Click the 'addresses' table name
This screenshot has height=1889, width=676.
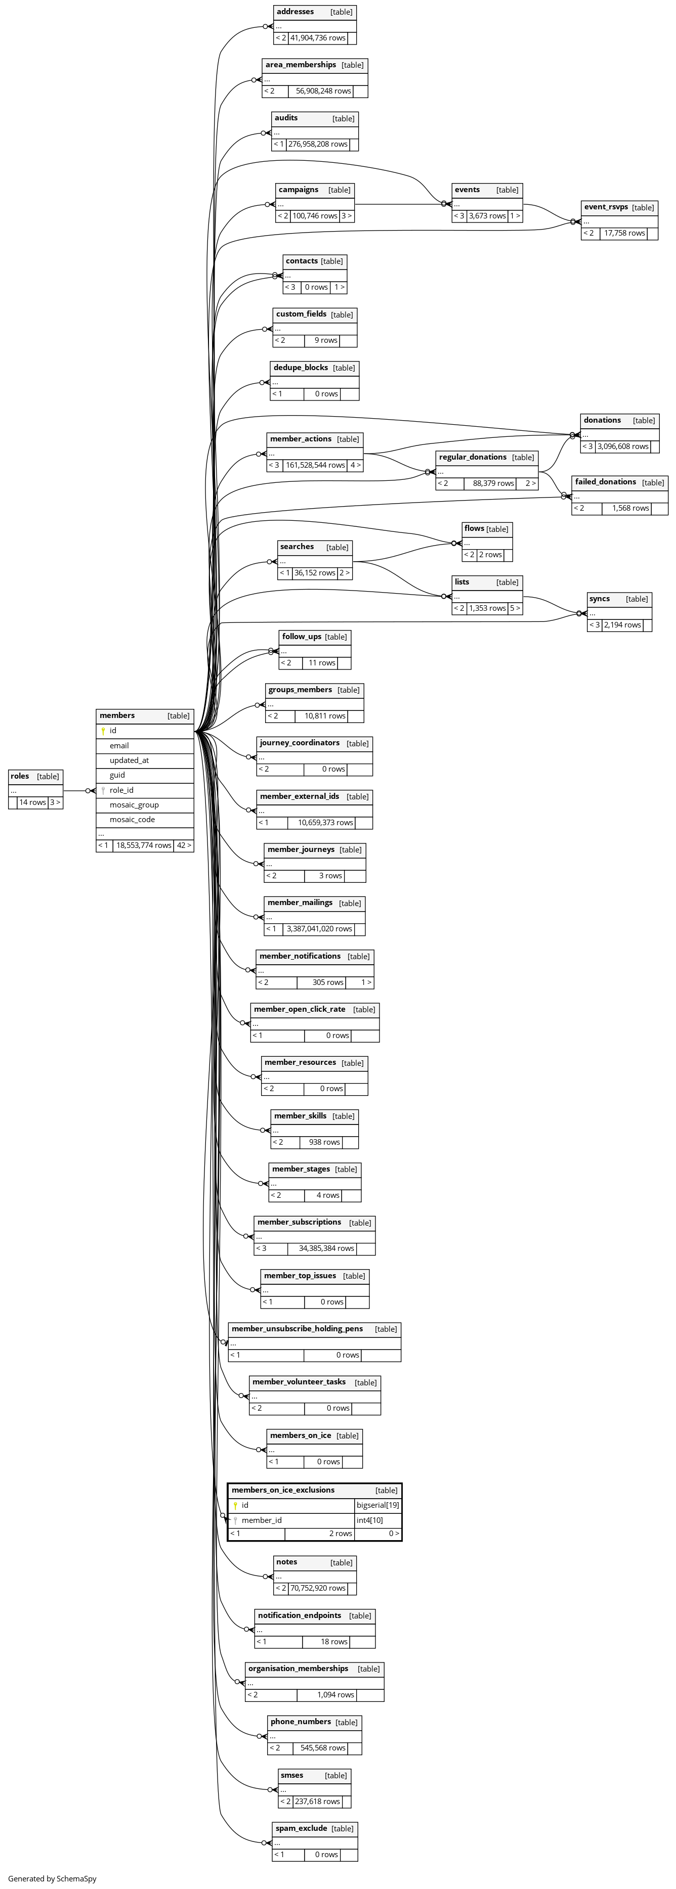point(295,12)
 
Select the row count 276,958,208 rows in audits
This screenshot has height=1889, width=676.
point(318,145)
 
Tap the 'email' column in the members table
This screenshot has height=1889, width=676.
point(119,746)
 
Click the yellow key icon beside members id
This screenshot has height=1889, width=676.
point(104,731)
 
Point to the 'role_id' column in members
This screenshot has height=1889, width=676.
point(121,790)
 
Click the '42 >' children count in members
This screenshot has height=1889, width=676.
point(184,845)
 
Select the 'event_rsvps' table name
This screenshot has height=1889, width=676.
point(606,207)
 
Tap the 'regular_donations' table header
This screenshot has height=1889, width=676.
point(473,458)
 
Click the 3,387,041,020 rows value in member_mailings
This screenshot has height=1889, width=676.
point(319,929)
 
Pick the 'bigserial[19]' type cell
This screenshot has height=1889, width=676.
point(378,1505)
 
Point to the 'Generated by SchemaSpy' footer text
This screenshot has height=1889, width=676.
point(52,1879)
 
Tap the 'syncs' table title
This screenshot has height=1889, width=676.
point(599,599)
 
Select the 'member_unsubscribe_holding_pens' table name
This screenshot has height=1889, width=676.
point(297,1329)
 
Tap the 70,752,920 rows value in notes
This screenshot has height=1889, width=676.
point(318,1588)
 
